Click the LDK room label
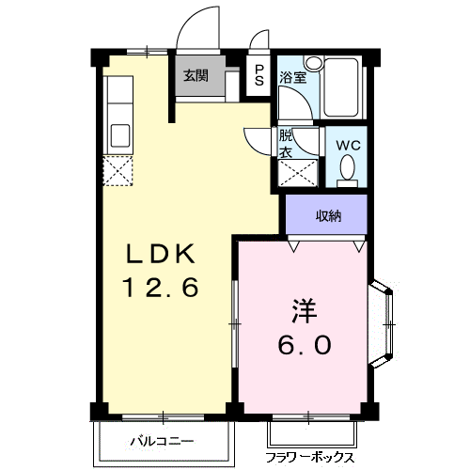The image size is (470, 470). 161,255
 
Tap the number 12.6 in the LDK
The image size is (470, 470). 161,288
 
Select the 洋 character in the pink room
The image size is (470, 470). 304,311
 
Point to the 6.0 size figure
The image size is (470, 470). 304,345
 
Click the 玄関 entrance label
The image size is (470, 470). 196,76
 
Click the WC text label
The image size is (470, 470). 349,145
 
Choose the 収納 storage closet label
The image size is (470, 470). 327,215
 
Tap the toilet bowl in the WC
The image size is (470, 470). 348,169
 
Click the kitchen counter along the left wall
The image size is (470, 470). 119,112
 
